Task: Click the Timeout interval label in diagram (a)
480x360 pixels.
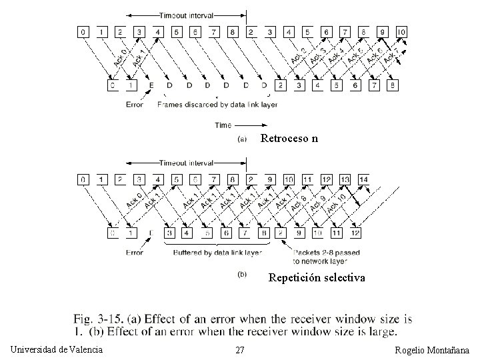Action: (x=187, y=15)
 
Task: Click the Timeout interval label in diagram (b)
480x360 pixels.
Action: (x=187, y=163)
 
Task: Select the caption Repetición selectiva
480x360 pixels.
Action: (x=317, y=277)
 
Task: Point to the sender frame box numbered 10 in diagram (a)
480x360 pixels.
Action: (x=401, y=31)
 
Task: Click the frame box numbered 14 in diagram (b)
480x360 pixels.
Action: (x=363, y=179)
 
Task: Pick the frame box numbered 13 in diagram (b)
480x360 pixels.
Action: (x=345, y=179)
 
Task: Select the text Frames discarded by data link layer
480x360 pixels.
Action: (x=217, y=105)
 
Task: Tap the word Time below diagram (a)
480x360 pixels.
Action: (x=223, y=125)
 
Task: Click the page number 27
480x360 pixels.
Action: (x=240, y=351)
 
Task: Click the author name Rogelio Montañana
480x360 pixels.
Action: (x=432, y=351)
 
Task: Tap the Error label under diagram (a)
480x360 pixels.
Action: (x=134, y=105)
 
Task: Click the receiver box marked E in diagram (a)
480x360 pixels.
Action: (x=151, y=85)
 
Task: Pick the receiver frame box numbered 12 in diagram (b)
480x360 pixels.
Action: (x=355, y=233)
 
